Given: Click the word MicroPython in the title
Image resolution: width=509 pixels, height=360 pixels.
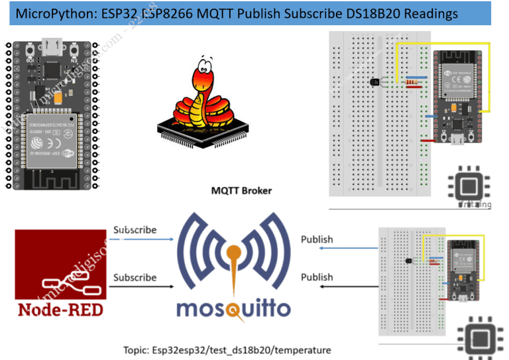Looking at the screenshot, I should tap(49, 13).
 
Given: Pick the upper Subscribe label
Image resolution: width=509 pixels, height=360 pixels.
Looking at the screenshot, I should tap(135, 230).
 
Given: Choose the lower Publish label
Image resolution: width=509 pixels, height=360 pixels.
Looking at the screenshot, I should tap(317, 276).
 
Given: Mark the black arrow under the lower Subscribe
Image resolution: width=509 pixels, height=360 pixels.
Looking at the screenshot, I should tap(142, 287).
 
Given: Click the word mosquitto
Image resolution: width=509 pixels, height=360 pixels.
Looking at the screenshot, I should tap(233, 309).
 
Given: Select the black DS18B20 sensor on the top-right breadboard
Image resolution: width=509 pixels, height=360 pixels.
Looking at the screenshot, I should tap(374, 82).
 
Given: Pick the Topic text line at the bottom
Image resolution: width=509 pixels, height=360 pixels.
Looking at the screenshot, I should tap(227, 349).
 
